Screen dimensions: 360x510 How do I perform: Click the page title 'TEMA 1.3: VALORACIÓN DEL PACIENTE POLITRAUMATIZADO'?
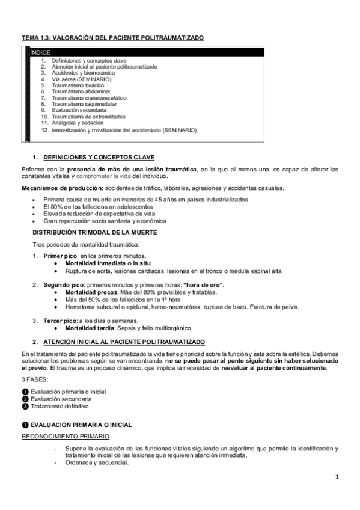(112, 38)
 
